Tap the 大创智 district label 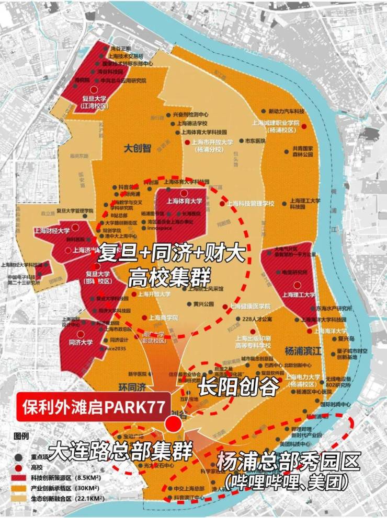pyautogui.click(x=137, y=148)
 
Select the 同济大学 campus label pyautogui.click(x=81, y=343)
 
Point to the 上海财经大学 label pyautogui.click(x=52, y=230)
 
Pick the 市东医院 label pyautogui.click(x=253, y=141)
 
